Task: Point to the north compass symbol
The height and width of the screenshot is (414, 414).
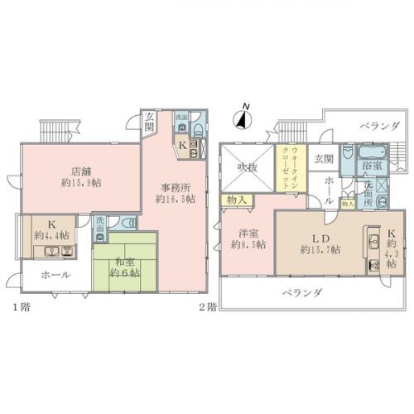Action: (242, 118)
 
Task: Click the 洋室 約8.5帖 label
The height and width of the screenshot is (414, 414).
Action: (248, 238)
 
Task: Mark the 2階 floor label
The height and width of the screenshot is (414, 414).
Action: (207, 306)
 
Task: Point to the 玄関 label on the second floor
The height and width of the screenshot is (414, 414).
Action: (324, 158)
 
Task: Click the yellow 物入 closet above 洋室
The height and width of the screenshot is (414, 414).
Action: (233, 200)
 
